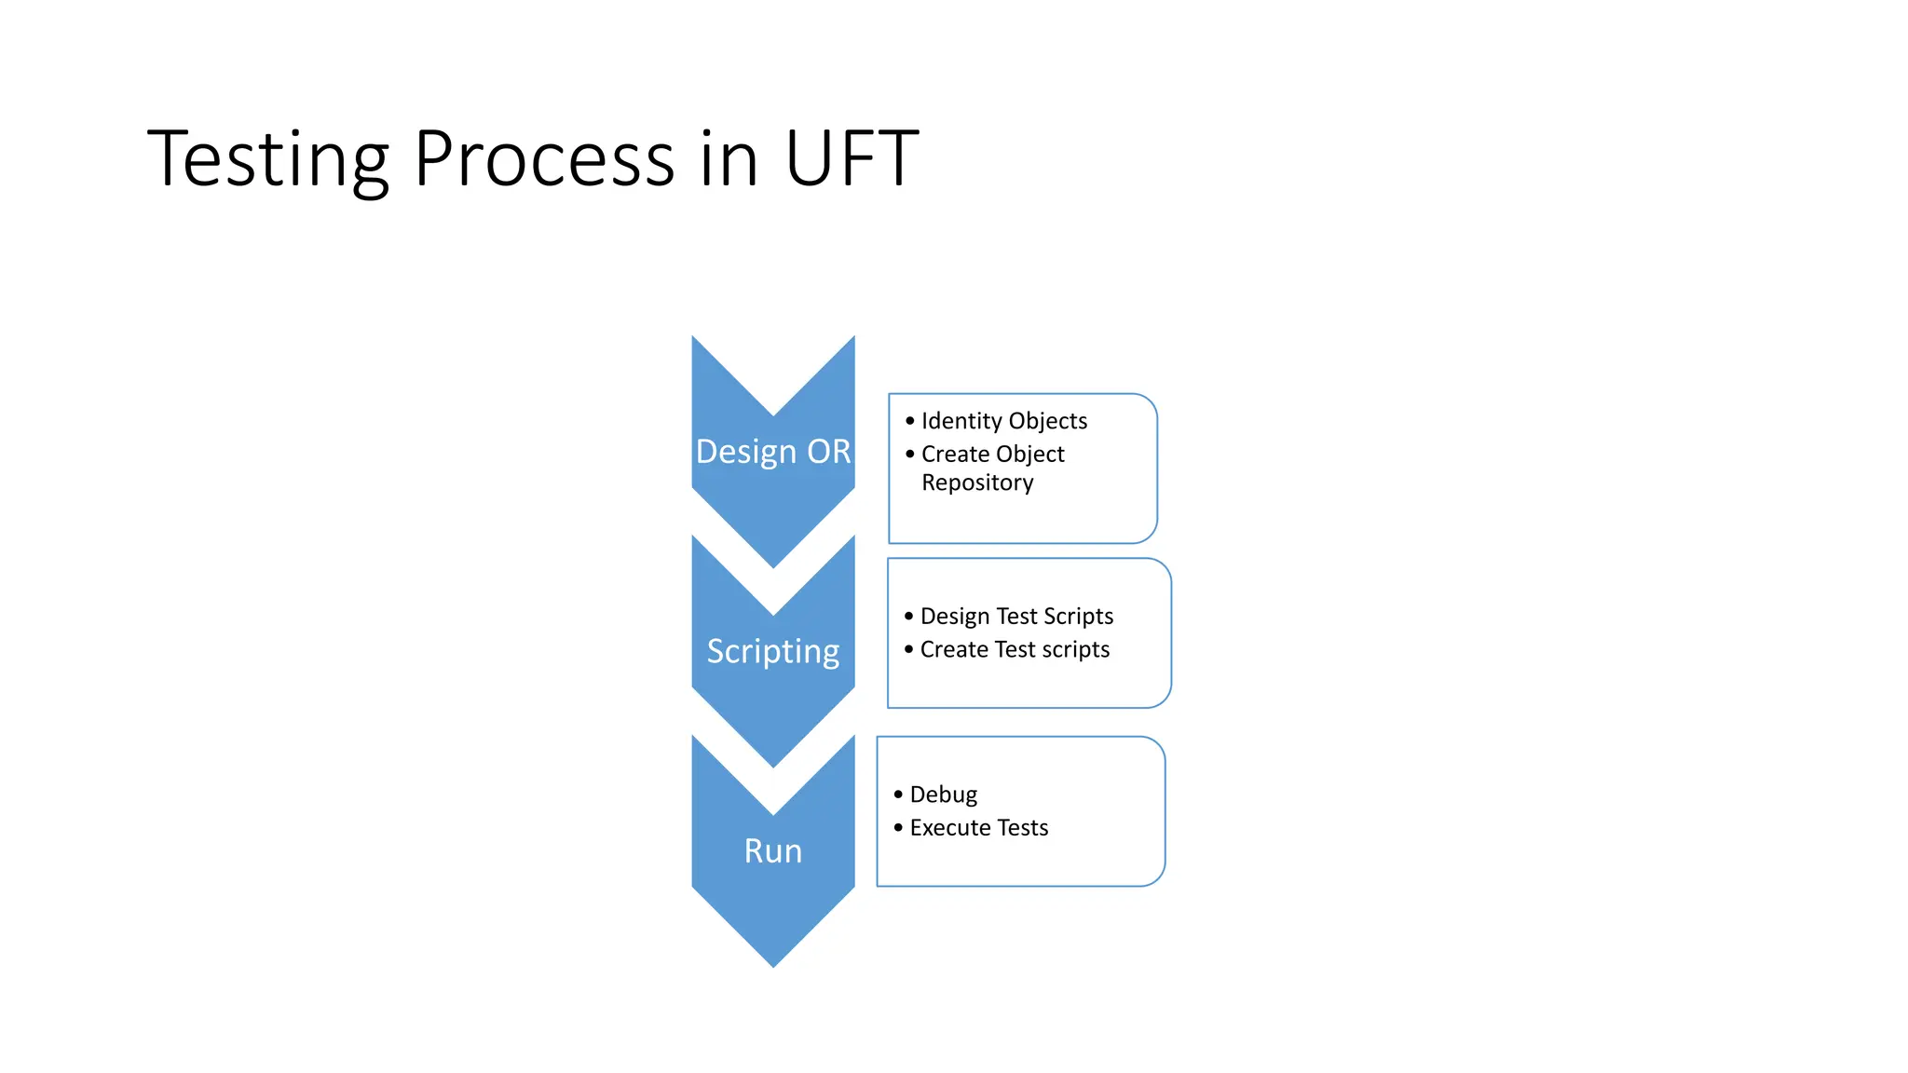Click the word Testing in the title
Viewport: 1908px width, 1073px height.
pyautogui.click(x=268, y=160)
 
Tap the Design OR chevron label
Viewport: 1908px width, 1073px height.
pyautogui.click(x=773, y=452)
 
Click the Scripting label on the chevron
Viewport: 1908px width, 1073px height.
pyautogui.click(x=773, y=651)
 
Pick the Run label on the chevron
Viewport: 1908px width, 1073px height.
pyautogui.click(x=773, y=851)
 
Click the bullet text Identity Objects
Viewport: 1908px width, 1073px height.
pyautogui.click(x=1004, y=421)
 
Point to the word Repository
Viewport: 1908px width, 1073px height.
pyautogui.click(x=977, y=482)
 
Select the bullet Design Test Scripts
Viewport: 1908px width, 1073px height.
pyautogui.click(x=1016, y=617)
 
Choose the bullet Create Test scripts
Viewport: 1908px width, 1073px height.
pyautogui.click(x=1015, y=649)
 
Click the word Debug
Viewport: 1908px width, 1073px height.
pyautogui.click(x=944, y=795)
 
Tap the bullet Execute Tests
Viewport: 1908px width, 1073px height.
pyautogui.click(x=979, y=828)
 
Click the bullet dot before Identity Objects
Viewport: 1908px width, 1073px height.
pyautogui.click(x=910, y=421)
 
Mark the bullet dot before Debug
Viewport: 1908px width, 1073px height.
pyautogui.click(x=898, y=795)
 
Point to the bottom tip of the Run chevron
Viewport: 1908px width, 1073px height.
pyautogui.click(x=773, y=964)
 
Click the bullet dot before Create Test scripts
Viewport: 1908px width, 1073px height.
pyautogui.click(x=909, y=649)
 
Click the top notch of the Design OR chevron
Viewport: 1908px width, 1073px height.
pyautogui.click(x=773, y=413)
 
